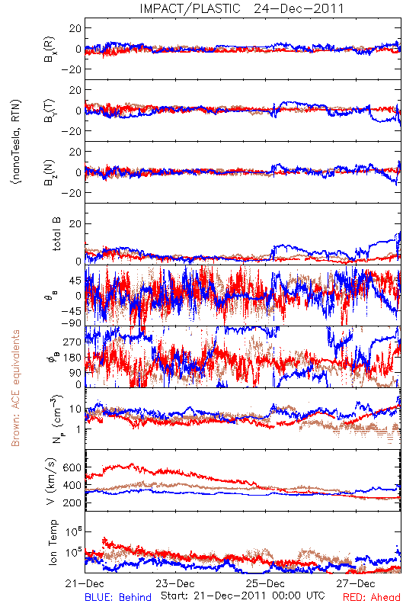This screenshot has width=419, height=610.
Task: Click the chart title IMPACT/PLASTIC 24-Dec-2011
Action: click(241, 8)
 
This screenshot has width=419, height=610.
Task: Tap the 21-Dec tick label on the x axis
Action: click(85, 583)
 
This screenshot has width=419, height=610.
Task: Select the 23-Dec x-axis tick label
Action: click(175, 583)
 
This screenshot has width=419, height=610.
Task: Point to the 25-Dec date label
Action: click(265, 583)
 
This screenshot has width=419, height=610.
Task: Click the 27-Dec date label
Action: click(356, 583)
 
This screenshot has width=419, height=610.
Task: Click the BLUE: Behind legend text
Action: click(118, 597)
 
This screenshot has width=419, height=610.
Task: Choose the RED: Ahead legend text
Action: click(372, 597)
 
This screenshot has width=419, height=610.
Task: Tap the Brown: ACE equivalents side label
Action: click(15, 388)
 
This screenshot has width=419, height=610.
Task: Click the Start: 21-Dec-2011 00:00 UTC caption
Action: click(243, 596)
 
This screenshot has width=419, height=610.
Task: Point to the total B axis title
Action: click(56, 234)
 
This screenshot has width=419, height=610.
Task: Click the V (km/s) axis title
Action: click(52, 481)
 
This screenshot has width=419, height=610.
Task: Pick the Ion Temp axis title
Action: click(53, 542)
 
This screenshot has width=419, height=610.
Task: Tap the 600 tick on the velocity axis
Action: click(72, 467)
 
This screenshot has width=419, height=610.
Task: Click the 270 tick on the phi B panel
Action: click(72, 342)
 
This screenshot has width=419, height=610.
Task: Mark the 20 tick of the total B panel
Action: click(75, 224)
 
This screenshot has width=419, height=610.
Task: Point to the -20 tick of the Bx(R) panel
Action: click(71, 69)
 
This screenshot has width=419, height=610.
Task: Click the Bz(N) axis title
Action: click(50, 172)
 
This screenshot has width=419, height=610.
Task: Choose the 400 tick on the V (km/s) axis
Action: click(72, 486)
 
